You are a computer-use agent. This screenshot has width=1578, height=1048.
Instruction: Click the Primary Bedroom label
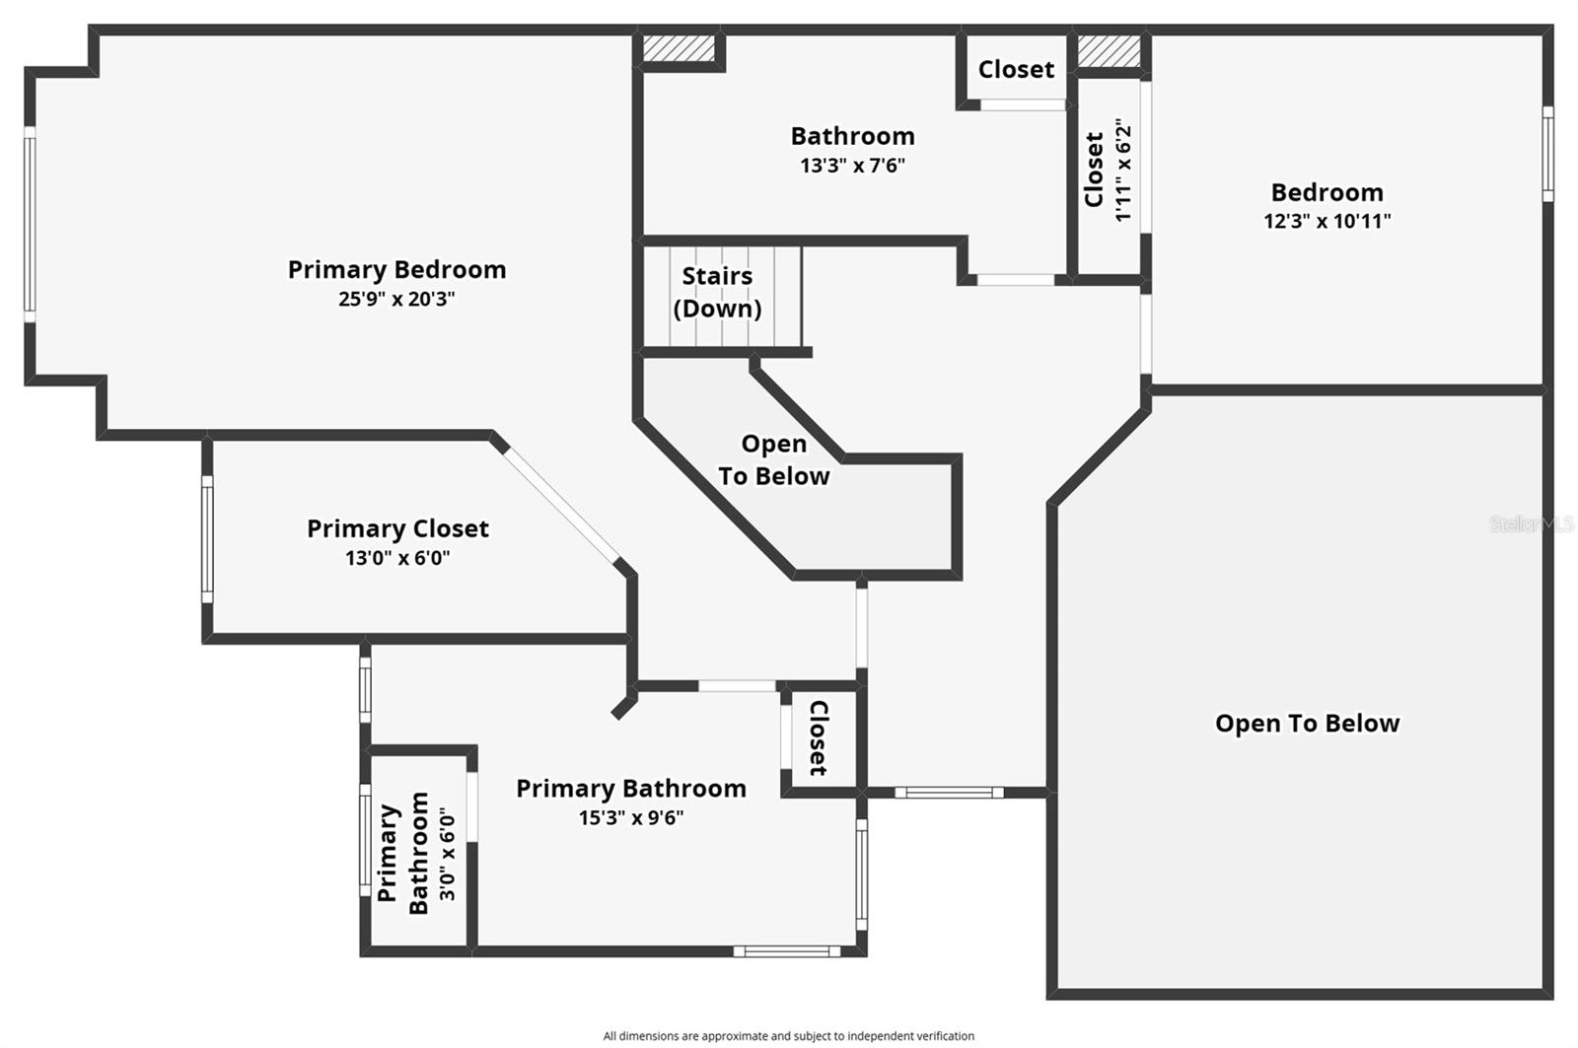click(396, 269)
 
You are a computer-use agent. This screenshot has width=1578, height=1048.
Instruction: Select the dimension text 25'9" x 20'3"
click(396, 299)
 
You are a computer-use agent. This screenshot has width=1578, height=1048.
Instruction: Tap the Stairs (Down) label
click(717, 292)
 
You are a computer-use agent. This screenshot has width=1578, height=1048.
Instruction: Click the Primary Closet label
click(397, 528)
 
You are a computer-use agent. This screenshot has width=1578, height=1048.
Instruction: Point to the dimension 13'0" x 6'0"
click(397, 558)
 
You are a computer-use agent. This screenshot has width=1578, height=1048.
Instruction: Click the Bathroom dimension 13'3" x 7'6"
click(852, 165)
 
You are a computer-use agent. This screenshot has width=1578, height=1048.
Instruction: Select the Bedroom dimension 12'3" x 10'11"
click(1327, 221)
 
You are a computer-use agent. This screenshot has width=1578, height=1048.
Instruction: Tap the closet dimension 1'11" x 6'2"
click(1122, 170)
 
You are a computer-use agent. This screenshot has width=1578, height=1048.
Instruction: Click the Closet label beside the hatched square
click(1016, 69)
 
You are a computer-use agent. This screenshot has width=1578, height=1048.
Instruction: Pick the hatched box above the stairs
click(679, 48)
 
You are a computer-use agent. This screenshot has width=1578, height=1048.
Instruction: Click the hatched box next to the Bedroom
click(1109, 51)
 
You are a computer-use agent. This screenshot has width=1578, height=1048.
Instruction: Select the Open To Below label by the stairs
click(773, 460)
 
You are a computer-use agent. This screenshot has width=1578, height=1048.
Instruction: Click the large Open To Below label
click(1307, 723)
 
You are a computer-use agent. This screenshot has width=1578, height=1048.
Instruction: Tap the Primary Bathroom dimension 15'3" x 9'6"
click(631, 817)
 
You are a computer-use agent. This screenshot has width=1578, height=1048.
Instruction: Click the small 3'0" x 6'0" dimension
click(447, 854)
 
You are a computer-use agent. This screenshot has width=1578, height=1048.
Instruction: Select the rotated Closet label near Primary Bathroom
click(819, 737)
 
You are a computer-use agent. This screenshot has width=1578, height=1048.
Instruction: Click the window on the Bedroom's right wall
click(1547, 154)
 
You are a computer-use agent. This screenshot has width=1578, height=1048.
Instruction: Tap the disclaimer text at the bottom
click(788, 1035)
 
